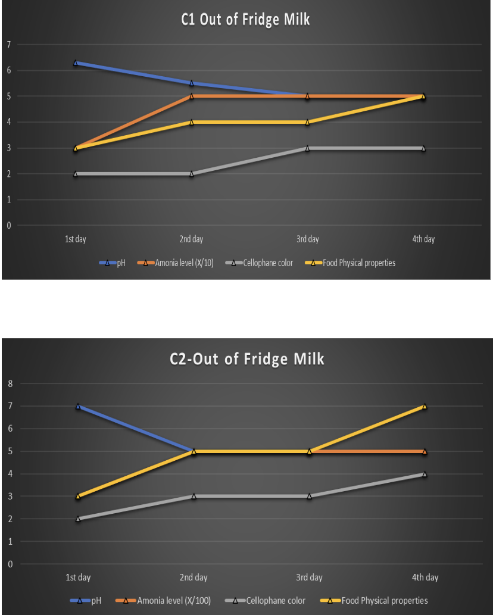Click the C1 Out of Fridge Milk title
[245, 20]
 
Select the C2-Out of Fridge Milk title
[247, 359]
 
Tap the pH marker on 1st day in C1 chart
[76, 63]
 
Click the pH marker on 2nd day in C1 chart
[191, 83]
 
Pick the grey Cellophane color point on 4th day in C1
[423, 148]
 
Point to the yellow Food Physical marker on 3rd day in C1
[307, 122]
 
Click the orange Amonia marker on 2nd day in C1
[191, 96]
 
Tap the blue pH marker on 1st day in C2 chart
[78, 407]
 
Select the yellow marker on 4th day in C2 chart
[425, 407]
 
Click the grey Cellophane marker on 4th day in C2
[425, 474]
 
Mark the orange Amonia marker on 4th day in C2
[425, 451]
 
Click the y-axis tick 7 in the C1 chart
[8, 45]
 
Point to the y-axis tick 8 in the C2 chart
[10, 383]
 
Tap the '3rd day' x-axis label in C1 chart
[307, 239]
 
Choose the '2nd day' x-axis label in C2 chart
[194, 577]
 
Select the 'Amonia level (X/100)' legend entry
[163, 601]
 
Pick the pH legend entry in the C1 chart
[112, 263]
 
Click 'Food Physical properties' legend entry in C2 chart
[374, 601]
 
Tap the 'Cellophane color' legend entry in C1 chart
[259, 263]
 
